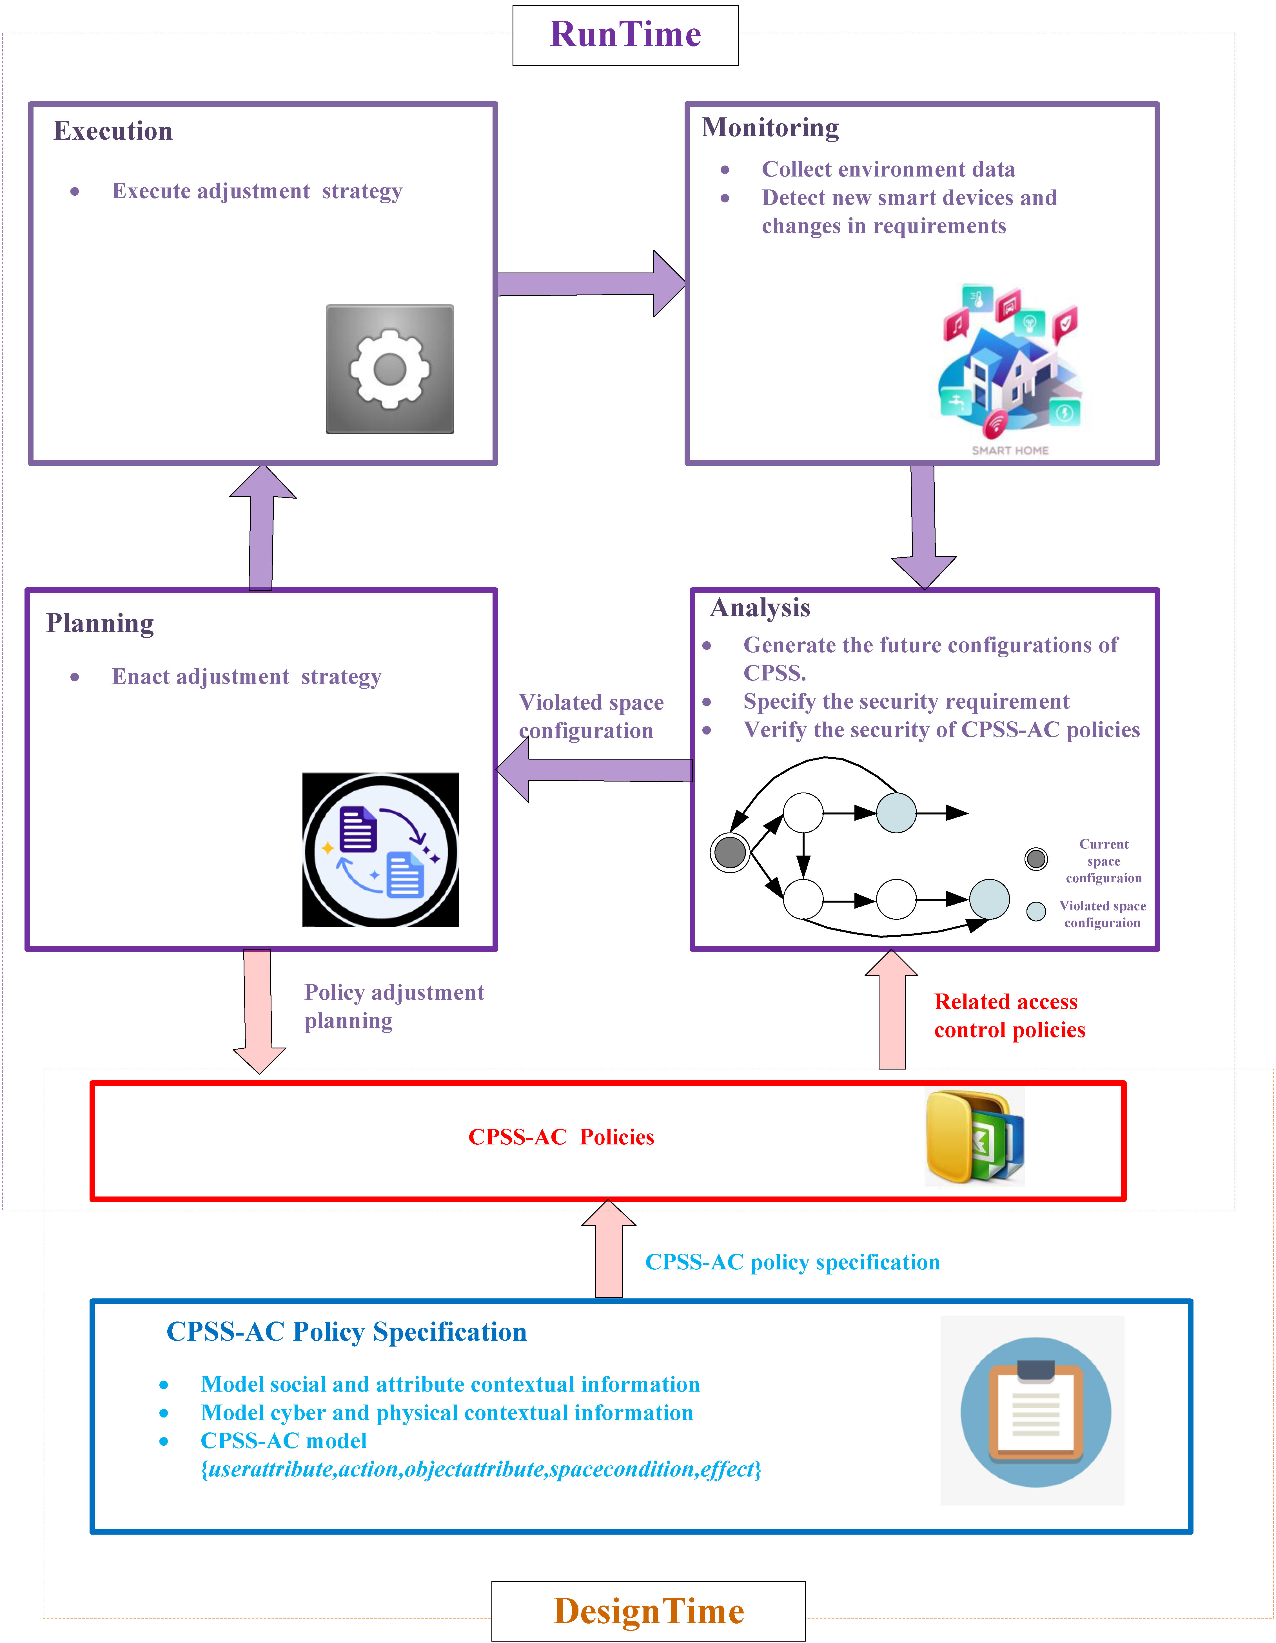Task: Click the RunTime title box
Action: (625, 35)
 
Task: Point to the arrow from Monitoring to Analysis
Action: (923, 527)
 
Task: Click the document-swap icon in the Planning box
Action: (381, 850)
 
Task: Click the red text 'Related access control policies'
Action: (1009, 1015)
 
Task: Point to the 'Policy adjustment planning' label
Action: (393, 1006)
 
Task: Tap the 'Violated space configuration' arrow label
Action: (591, 716)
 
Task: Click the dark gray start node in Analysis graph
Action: (730, 852)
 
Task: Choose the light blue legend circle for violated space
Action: (1036, 911)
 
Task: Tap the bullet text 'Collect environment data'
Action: (888, 169)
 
